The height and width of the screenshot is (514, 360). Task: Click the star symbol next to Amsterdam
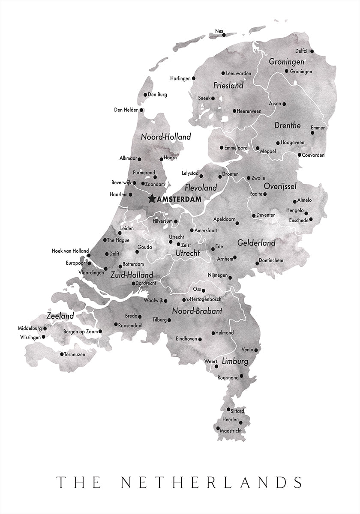[152, 199]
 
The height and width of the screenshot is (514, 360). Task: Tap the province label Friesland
[228, 86]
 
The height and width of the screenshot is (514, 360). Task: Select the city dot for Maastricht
[218, 428]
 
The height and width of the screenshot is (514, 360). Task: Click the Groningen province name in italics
[286, 62]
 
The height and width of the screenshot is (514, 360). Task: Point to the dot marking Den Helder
[141, 110]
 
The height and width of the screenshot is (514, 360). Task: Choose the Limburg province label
[235, 362]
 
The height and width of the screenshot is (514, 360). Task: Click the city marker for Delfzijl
[312, 51]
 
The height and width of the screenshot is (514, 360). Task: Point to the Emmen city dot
[312, 133]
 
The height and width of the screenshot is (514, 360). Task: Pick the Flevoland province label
[201, 188]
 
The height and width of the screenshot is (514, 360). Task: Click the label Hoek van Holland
[70, 251]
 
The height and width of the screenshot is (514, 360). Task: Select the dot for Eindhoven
[201, 339]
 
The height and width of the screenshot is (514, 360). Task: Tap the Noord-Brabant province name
[197, 311]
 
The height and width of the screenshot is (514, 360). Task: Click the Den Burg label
[157, 95]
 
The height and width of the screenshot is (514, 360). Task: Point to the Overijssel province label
[280, 186]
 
